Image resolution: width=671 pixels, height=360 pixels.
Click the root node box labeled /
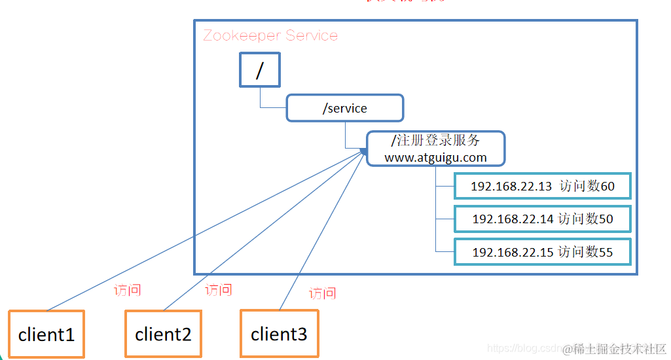click(x=259, y=70)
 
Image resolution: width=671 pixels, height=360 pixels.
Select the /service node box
click(x=344, y=108)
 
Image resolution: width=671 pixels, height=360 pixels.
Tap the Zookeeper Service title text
click(x=270, y=35)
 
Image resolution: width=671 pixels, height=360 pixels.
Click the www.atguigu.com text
click(x=435, y=157)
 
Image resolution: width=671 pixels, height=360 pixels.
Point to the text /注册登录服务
click(x=435, y=140)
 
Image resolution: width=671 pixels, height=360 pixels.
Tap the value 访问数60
click(x=587, y=187)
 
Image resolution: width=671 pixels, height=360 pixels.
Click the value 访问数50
click(x=586, y=219)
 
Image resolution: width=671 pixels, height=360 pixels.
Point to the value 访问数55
click(x=586, y=252)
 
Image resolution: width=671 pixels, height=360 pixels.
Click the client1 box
click(x=46, y=334)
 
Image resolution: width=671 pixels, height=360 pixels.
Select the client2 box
click(x=163, y=334)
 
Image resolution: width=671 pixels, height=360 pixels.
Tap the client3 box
click(x=279, y=334)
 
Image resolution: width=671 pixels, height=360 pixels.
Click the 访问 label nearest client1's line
click(x=127, y=290)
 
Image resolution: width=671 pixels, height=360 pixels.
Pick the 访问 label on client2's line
click(x=218, y=289)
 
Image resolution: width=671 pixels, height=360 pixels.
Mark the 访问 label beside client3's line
click(x=322, y=293)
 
